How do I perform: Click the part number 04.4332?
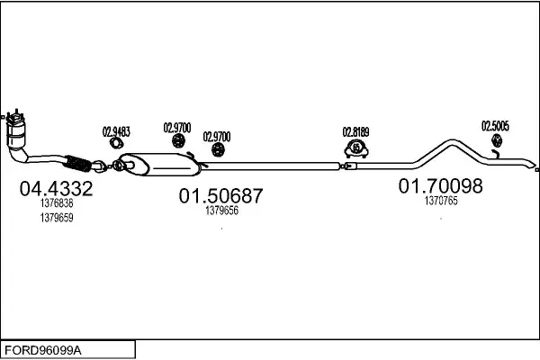click(x=56, y=190)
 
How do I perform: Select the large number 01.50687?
click(x=220, y=195)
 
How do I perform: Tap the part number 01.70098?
click(x=441, y=186)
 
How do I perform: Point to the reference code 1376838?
click(x=57, y=204)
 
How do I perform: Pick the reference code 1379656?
click(x=221, y=211)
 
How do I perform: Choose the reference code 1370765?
click(x=441, y=202)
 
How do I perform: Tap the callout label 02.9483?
click(x=115, y=131)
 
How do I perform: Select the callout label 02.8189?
click(x=356, y=131)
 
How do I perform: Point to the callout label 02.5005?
click(x=495, y=126)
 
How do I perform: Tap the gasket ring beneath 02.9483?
click(x=116, y=144)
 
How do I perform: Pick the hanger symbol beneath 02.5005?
click(x=495, y=142)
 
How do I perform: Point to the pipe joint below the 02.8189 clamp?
click(x=342, y=166)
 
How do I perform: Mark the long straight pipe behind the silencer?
click(x=270, y=165)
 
